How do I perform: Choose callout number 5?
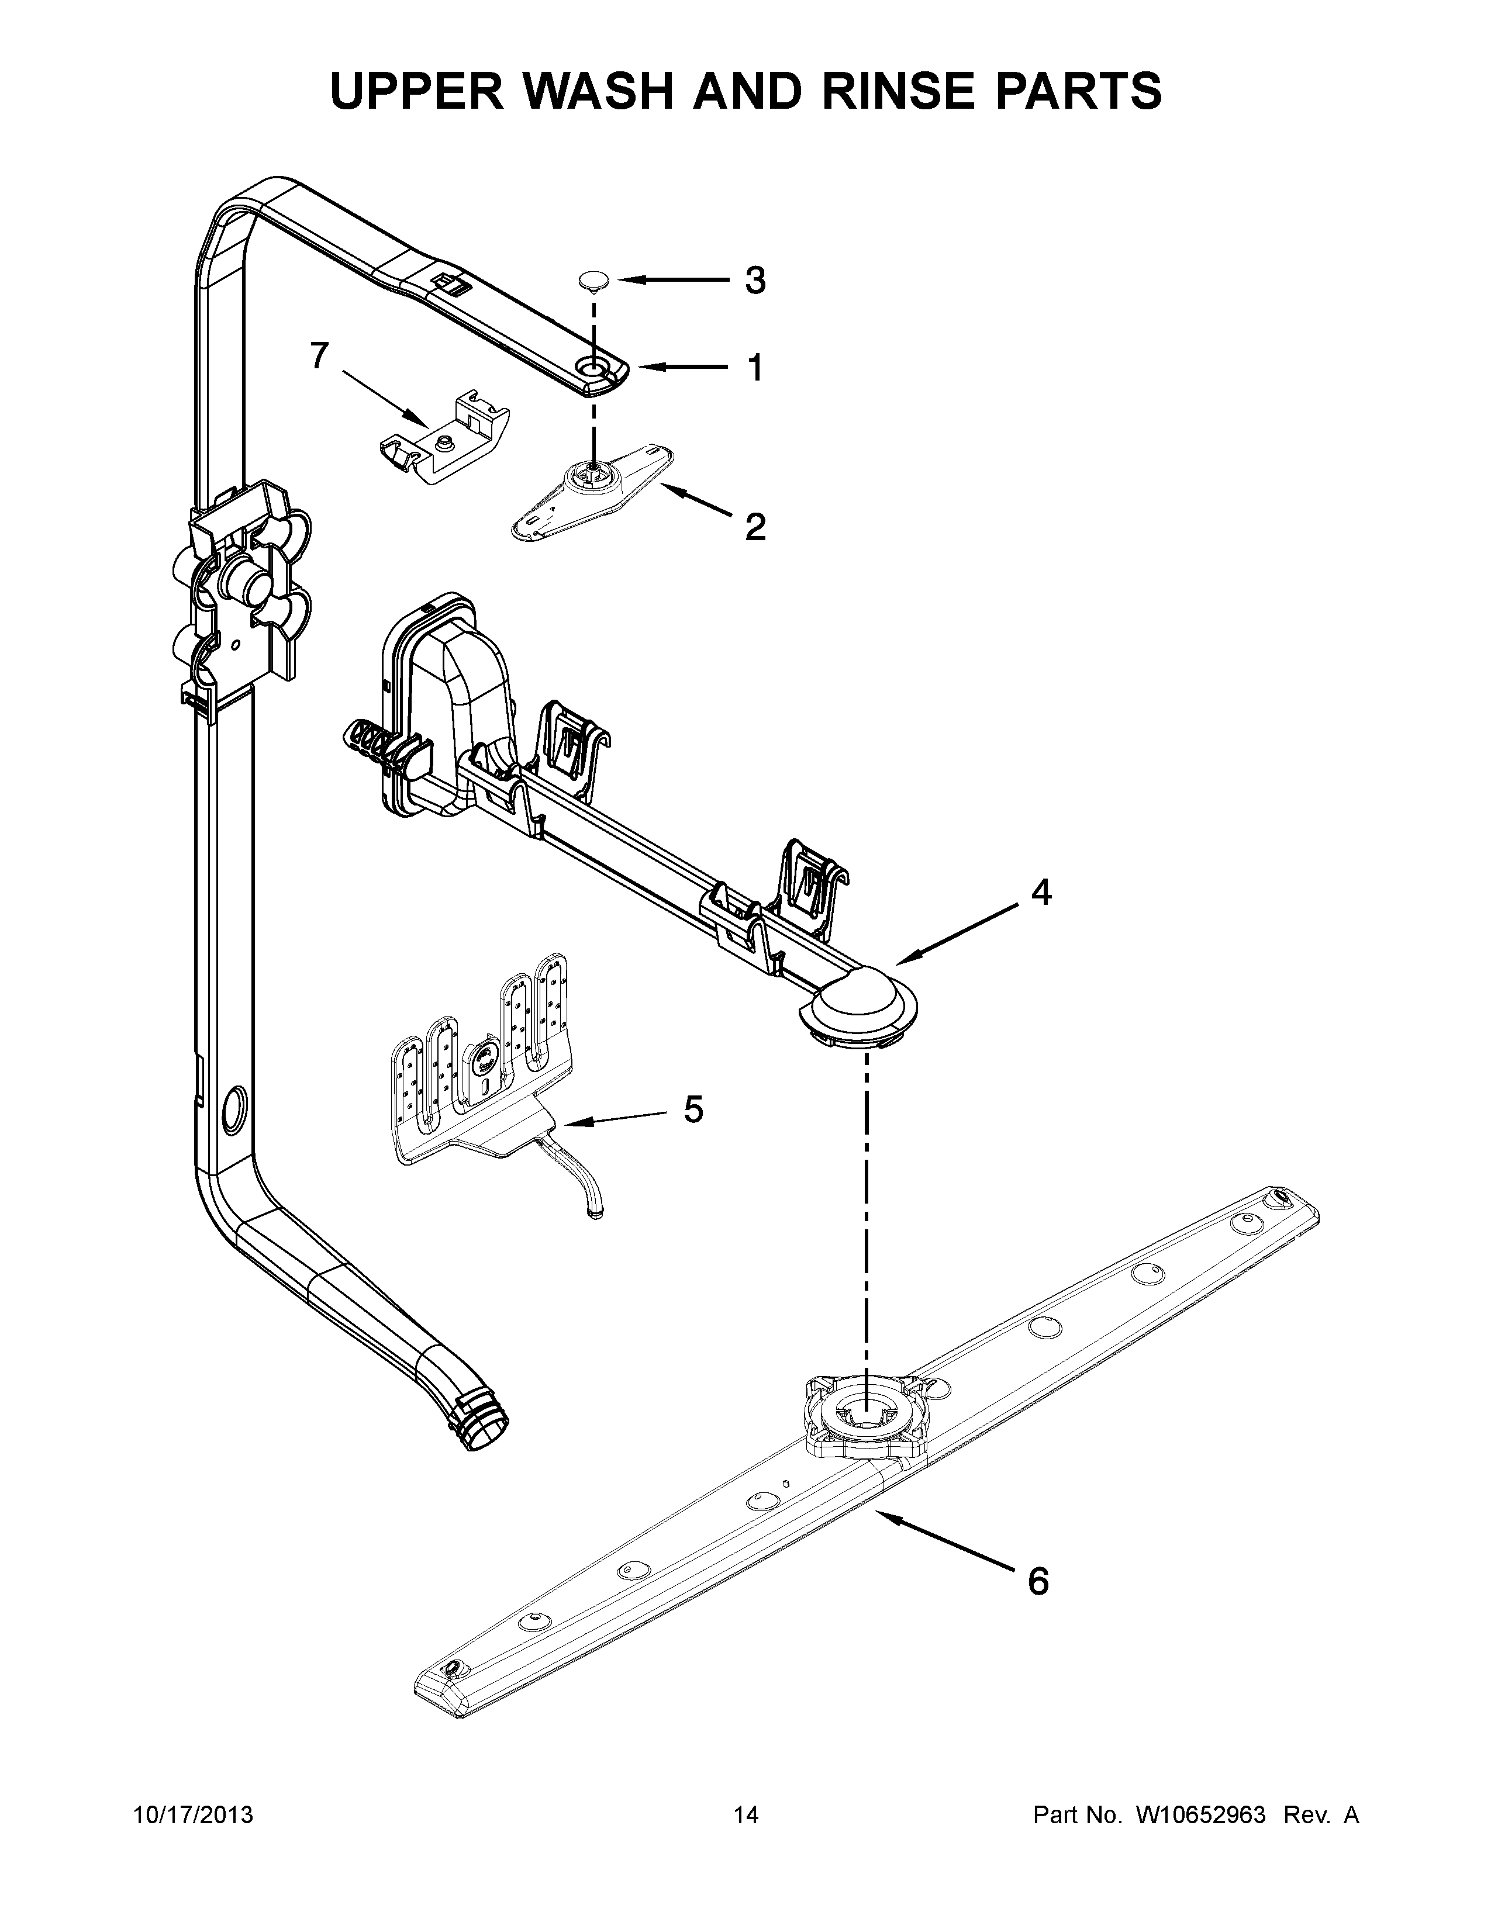click(693, 1110)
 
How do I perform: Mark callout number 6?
click(1038, 1581)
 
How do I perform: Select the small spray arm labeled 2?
click(593, 490)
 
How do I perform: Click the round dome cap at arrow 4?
click(858, 1002)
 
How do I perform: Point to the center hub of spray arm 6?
click(865, 1419)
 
